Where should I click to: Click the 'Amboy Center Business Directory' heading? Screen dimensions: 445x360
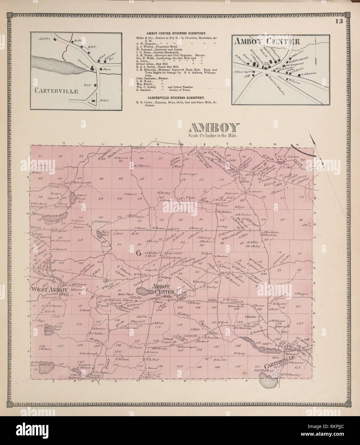tap(176, 33)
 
